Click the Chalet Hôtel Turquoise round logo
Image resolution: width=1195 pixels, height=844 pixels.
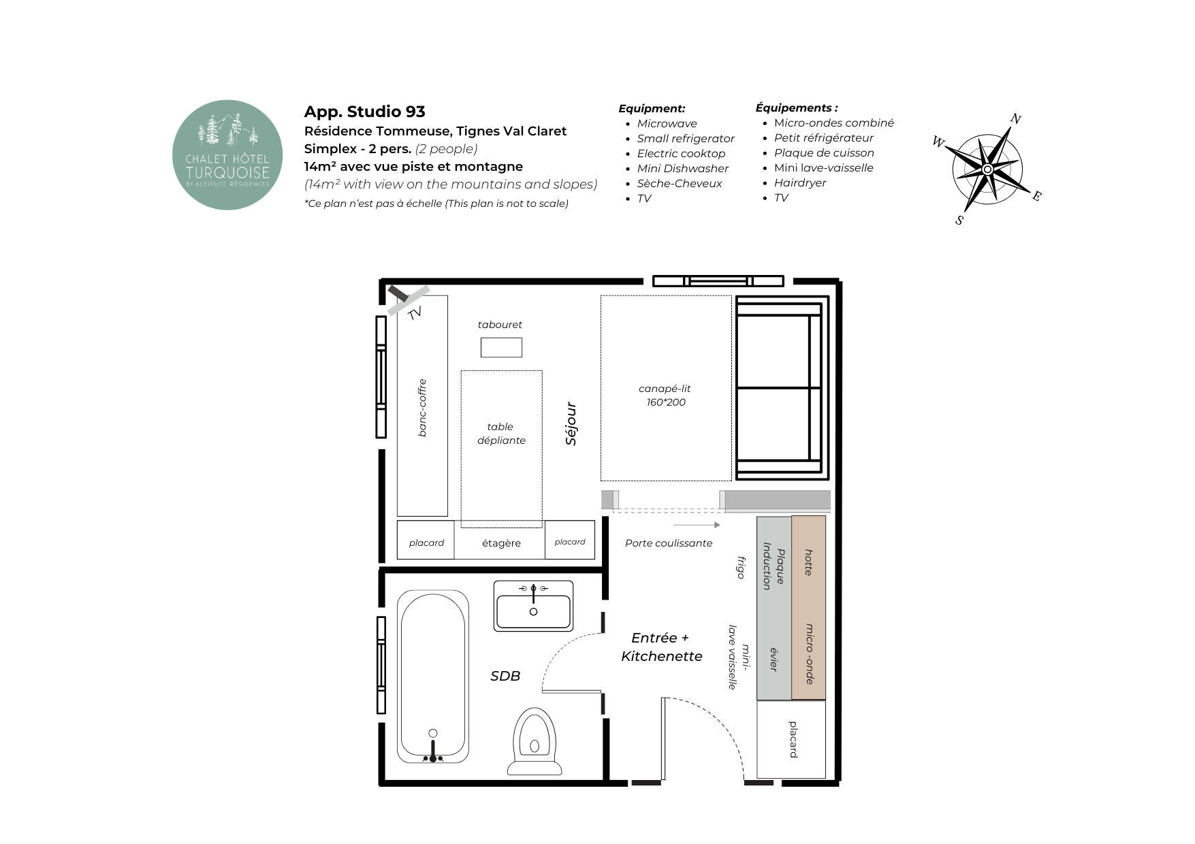coord(227,155)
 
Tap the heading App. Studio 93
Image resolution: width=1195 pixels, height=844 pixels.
coord(364,112)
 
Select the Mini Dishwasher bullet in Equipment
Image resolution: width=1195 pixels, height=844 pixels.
coord(682,168)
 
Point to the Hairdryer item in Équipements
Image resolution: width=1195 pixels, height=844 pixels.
coord(800,182)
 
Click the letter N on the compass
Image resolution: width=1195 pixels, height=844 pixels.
coord(1015,119)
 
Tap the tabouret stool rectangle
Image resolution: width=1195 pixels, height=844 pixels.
coord(501,347)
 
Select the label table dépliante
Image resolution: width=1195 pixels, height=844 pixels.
coord(501,434)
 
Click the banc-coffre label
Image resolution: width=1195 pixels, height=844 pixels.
coord(422,408)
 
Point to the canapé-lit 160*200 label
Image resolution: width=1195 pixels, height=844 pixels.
coord(665,395)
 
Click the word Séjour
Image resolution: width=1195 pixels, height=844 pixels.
coord(571,423)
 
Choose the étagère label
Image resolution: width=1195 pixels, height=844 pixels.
coord(501,543)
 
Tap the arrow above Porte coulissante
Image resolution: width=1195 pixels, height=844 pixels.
coord(697,525)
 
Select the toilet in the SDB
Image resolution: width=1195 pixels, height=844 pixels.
coord(535,741)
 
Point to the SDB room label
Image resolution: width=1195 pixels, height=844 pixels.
coord(505,676)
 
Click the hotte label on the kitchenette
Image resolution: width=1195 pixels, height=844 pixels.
coord(809,562)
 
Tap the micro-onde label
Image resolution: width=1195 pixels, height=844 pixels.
coord(809,653)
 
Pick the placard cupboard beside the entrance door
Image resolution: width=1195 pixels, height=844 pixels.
coord(791,739)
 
